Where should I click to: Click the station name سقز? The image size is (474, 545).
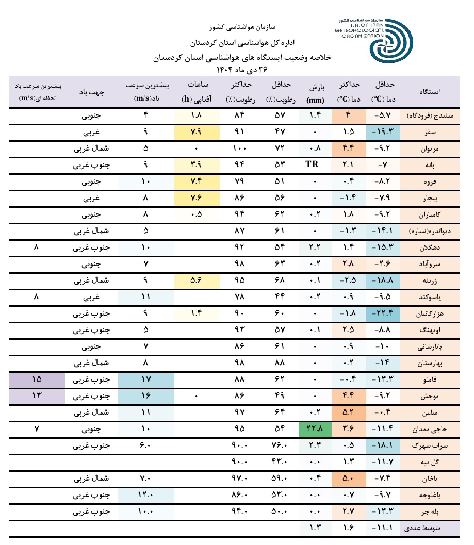(430, 132)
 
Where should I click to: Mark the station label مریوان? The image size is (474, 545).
(430, 148)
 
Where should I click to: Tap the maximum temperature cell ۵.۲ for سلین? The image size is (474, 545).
(349, 412)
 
